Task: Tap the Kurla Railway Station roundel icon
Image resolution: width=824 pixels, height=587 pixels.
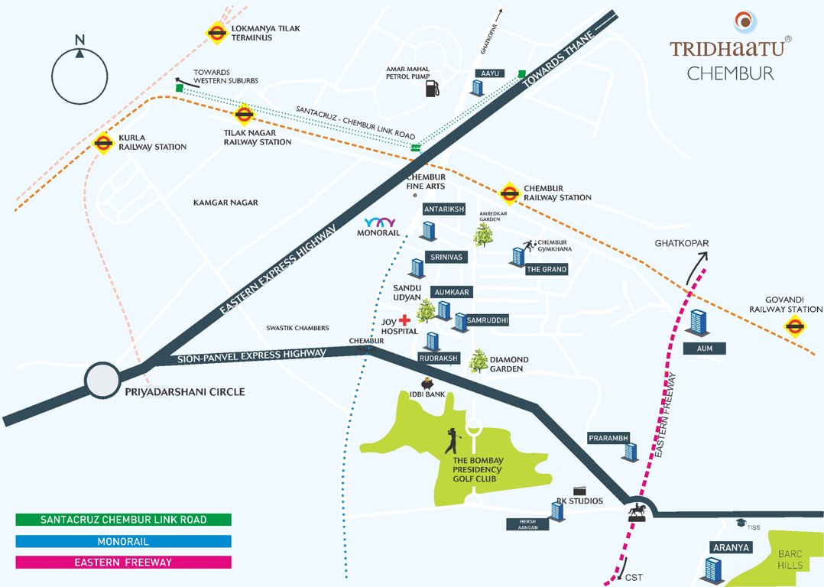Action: pyautogui.click(x=103, y=142)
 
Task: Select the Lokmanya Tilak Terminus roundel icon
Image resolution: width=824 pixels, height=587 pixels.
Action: pyautogui.click(x=216, y=33)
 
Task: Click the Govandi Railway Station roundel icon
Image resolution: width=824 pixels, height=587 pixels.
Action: pyautogui.click(x=795, y=327)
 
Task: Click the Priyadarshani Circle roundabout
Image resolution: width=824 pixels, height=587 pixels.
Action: pyautogui.click(x=102, y=380)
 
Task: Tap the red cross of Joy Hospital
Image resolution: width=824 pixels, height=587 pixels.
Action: pyautogui.click(x=404, y=319)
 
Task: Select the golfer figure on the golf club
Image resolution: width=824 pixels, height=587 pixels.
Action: pyautogui.click(x=452, y=441)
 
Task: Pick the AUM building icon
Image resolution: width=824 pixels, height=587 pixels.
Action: pyautogui.click(x=697, y=323)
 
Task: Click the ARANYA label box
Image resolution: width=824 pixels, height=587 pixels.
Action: pyautogui.click(x=732, y=547)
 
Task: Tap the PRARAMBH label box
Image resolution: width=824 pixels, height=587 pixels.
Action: pyautogui.click(x=608, y=438)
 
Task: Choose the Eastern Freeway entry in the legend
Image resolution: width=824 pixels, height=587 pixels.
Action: pyautogui.click(x=123, y=563)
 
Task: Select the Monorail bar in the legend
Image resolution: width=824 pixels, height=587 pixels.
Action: pyautogui.click(x=123, y=541)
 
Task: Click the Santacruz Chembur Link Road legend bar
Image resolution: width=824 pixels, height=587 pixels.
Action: pyautogui.click(x=123, y=520)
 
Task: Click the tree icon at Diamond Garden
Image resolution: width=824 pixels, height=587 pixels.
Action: pyautogui.click(x=479, y=361)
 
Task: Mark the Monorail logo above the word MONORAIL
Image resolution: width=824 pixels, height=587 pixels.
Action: pyautogui.click(x=379, y=222)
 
